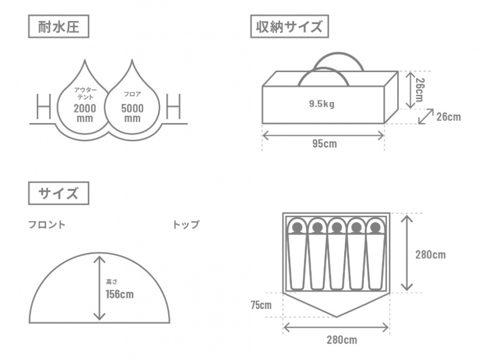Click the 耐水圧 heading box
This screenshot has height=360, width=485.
(x=59, y=27)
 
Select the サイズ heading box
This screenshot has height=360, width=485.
(x=59, y=194)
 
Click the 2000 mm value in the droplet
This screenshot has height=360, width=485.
(x=85, y=113)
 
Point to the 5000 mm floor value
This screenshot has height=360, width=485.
(x=132, y=113)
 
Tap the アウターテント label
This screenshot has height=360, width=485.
(x=85, y=93)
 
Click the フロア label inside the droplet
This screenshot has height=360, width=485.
(x=132, y=94)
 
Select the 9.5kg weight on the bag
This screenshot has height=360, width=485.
(x=322, y=104)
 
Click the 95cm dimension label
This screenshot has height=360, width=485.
(x=324, y=144)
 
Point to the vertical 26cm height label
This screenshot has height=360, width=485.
(x=419, y=89)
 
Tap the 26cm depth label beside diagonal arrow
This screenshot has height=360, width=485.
(x=448, y=116)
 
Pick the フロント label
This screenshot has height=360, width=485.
(x=47, y=224)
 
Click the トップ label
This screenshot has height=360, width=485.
(x=185, y=224)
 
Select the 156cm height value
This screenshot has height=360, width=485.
(x=120, y=294)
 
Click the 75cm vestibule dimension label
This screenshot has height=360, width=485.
(x=260, y=305)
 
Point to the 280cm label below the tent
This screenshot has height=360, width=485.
(x=341, y=340)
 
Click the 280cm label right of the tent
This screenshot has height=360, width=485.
(x=430, y=255)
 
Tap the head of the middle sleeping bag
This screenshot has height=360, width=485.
(x=336, y=227)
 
